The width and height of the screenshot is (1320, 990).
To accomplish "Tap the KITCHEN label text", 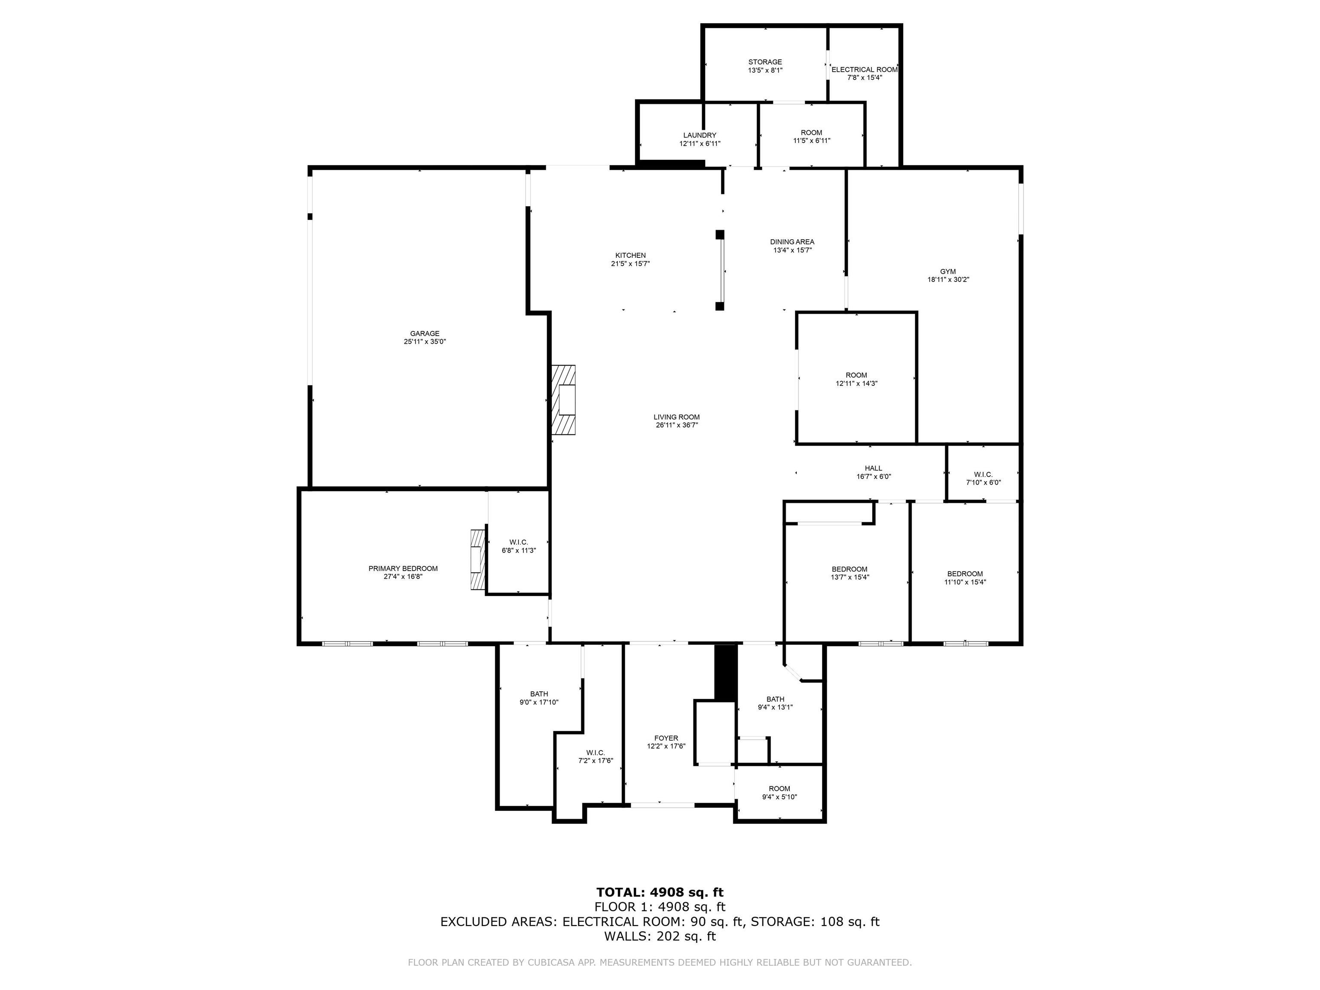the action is (x=630, y=255).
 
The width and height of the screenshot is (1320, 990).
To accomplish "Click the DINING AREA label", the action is (x=792, y=241).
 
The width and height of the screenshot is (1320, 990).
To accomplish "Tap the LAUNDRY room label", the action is (x=700, y=135).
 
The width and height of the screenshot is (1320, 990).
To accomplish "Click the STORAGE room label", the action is (x=765, y=62).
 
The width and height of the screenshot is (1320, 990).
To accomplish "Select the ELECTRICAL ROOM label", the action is (x=865, y=69).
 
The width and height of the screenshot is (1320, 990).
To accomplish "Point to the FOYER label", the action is (x=666, y=738).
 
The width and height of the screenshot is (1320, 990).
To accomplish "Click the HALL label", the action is (x=873, y=468).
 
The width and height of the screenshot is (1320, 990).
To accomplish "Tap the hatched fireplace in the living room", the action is (x=563, y=400).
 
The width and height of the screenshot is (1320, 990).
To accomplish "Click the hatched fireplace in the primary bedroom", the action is (x=477, y=560).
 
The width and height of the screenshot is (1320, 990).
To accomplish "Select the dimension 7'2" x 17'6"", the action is (x=596, y=761).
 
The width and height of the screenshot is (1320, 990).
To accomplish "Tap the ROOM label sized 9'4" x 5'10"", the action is (x=779, y=789).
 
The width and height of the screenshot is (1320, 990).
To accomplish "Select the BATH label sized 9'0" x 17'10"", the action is (x=539, y=694).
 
